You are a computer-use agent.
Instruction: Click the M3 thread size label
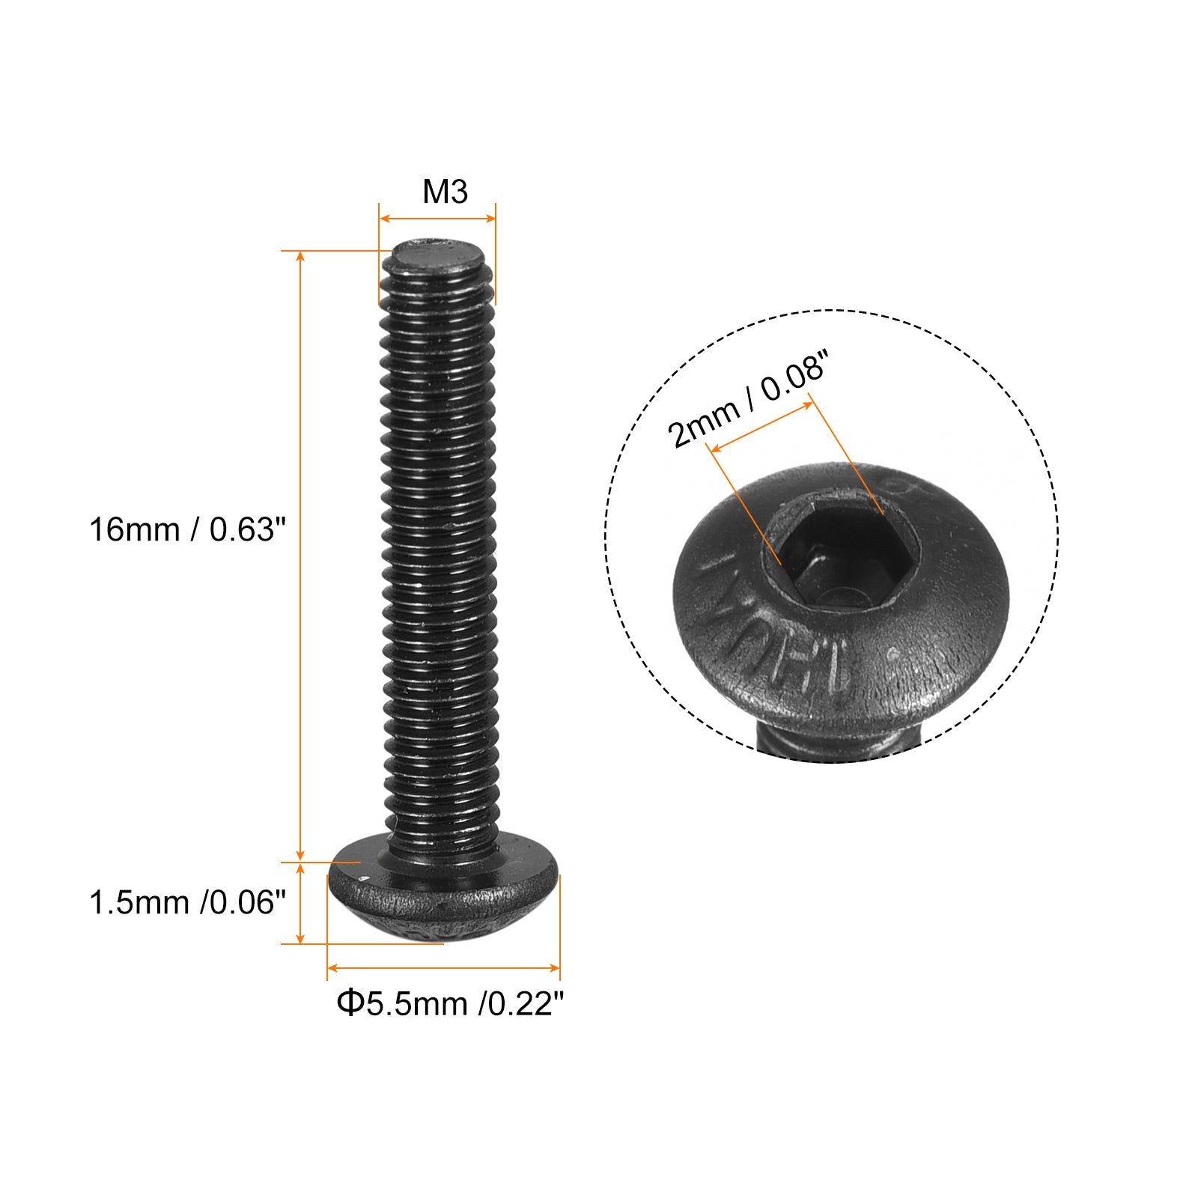pyautogui.click(x=445, y=192)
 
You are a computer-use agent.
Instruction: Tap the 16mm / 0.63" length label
pyautogui.click(x=187, y=530)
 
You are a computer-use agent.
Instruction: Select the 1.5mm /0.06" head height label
pyautogui.click(x=187, y=903)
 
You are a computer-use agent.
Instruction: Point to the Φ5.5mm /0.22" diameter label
pyautogui.click(x=449, y=1003)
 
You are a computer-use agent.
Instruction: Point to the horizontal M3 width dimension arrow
pyautogui.click(x=437, y=219)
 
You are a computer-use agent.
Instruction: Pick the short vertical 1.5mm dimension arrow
pyautogui.click(x=301, y=903)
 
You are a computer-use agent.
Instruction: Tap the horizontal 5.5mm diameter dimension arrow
pyautogui.click(x=443, y=968)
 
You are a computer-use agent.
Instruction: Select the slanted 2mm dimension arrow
pyautogui.click(x=761, y=427)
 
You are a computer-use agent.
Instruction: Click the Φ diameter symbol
pyautogui.click(x=349, y=1003)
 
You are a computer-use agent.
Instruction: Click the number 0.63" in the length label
pyautogui.click(x=248, y=530)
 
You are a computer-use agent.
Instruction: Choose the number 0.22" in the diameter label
pyautogui.click(x=525, y=1003)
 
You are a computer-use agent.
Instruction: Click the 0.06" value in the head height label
pyautogui.click(x=248, y=903)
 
